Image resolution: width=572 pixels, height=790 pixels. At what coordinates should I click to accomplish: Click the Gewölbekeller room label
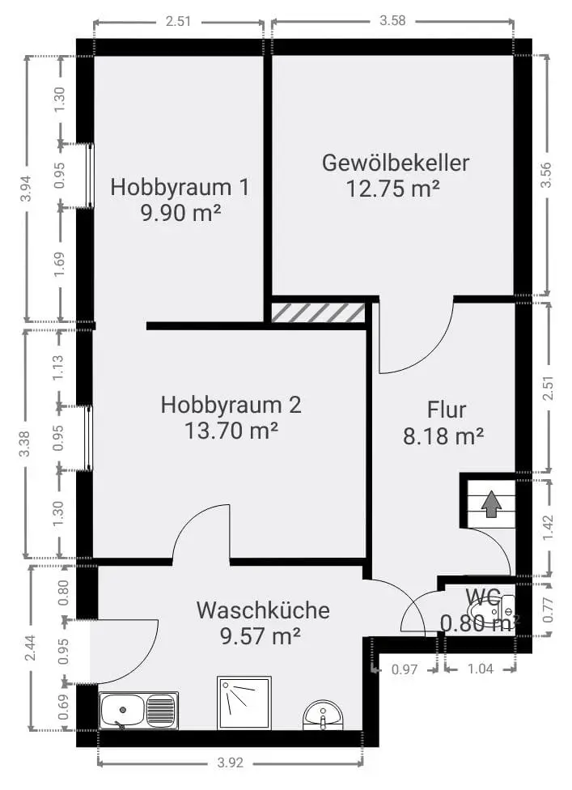click(396, 163)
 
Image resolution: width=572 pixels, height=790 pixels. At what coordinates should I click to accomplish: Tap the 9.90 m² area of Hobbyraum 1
click(180, 213)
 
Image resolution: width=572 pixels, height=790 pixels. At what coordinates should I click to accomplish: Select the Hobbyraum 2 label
click(231, 405)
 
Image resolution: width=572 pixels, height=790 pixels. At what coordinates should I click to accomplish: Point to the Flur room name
click(447, 410)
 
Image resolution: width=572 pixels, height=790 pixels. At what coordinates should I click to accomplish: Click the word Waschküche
click(263, 610)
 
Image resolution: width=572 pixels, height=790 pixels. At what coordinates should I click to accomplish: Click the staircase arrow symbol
click(491, 505)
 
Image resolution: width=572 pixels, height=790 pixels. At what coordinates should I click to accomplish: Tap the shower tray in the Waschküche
click(244, 703)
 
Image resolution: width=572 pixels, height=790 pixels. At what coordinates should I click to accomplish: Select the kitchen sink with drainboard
click(138, 711)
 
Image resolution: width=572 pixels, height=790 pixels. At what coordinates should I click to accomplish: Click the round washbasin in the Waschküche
click(323, 715)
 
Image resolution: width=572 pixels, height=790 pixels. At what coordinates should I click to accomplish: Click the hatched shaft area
click(318, 313)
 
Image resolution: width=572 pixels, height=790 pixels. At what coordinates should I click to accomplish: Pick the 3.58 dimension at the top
click(392, 21)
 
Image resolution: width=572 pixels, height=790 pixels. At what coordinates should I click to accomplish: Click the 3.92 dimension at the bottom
click(231, 762)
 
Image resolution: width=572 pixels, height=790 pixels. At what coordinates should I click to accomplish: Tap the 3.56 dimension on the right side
click(546, 175)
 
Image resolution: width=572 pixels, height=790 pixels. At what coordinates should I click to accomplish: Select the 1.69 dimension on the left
click(59, 264)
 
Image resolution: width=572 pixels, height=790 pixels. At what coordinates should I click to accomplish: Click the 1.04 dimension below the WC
click(481, 669)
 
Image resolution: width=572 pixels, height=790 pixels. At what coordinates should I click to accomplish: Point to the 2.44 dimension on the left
click(31, 648)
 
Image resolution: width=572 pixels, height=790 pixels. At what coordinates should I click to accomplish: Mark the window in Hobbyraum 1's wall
click(90, 176)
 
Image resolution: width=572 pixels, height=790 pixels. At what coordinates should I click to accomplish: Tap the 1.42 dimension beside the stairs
click(549, 528)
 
